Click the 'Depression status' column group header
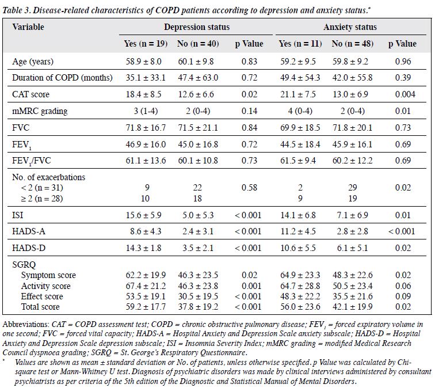[x=197, y=27]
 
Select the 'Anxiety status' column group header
[x=350, y=27]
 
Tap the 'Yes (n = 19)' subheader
[x=146, y=44]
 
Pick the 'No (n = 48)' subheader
[x=352, y=44]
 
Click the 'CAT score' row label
[x=30, y=94]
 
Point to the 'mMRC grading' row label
[x=40, y=111]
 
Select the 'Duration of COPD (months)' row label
[x=62, y=78]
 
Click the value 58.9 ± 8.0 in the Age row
[x=143, y=62]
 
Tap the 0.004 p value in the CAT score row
[x=405, y=94]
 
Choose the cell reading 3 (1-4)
[x=146, y=111]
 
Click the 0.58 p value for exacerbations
[x=249, y=187]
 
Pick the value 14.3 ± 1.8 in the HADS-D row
[x=143, y=248]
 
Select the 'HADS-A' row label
[x=29, y=231]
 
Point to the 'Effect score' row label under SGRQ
[x=42, y=296]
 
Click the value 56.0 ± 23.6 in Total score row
[x=300, y=307]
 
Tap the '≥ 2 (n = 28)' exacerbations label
[x=42, y=199]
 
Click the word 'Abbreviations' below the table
[x=26, y=324]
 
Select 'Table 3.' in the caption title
[x=17, y=10]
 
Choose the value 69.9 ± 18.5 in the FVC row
[x=300, y=128]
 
